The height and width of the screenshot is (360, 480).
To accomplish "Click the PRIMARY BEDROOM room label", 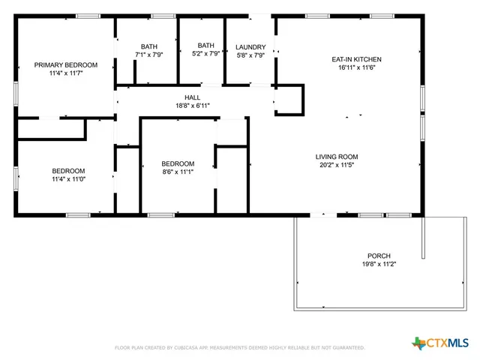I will point(66,65).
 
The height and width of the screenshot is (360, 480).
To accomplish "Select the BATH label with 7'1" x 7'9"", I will point(148,46).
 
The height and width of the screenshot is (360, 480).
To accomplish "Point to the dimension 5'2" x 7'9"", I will point(206,54).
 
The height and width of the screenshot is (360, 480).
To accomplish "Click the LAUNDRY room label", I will point(250,46).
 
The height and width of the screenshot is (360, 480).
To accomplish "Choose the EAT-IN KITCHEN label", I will point(357,59).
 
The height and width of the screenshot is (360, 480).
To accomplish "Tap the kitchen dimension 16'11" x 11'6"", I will point(357,67).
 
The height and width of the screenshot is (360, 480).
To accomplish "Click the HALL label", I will point(192,97).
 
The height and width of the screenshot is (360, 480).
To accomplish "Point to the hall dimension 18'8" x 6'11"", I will point(192,106).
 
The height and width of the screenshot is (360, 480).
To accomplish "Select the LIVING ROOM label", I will point(336,156).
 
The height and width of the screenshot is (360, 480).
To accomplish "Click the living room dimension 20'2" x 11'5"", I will point(336,165).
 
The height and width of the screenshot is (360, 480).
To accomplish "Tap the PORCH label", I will point(379,256).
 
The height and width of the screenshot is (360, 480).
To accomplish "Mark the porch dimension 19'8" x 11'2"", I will point(379,265).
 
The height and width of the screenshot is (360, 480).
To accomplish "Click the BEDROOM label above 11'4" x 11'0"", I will point(68,170).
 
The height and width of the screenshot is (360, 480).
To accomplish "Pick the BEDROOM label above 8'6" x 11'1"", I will point(178,163).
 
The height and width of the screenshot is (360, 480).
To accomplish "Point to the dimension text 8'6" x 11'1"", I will point(178,172).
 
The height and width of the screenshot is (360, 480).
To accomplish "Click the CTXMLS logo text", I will point(448,343).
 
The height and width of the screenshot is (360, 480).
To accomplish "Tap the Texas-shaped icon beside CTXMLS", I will point(418,343).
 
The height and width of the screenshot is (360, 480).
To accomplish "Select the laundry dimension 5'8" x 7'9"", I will point(250,55).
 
